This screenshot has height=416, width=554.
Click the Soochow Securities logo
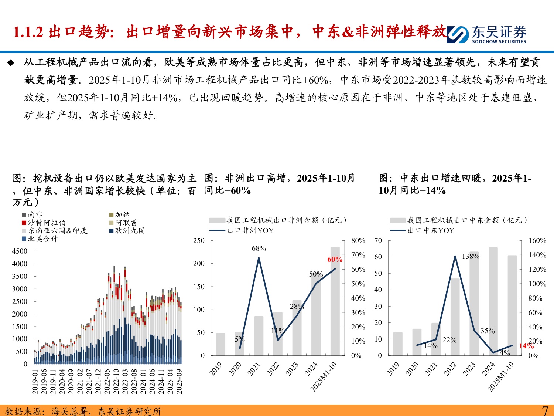click(486, 34)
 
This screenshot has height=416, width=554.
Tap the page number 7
click(545, 410)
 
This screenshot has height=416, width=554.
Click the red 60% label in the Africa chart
click(335, 260)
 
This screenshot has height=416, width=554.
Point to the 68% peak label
click(259, 248)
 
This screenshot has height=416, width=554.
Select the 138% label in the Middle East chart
click(471, 256)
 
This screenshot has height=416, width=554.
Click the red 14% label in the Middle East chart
click(526, 346)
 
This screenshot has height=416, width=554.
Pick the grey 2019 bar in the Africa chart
click(220, 344)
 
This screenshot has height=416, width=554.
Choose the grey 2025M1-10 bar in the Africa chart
click(335, 301)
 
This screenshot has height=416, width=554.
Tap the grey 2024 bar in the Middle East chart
click(493, 301)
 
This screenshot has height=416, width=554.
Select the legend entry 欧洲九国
click(129, 230)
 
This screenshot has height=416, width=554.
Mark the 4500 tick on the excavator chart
click(20, 251)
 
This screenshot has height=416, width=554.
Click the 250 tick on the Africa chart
click(199, 240)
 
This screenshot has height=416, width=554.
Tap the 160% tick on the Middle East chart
click(537, 240)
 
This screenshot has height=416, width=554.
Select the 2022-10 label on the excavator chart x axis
click(116, 381)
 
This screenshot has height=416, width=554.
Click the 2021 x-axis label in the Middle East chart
click(431, 369)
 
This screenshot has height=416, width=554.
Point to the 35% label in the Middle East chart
click(488, 331)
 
